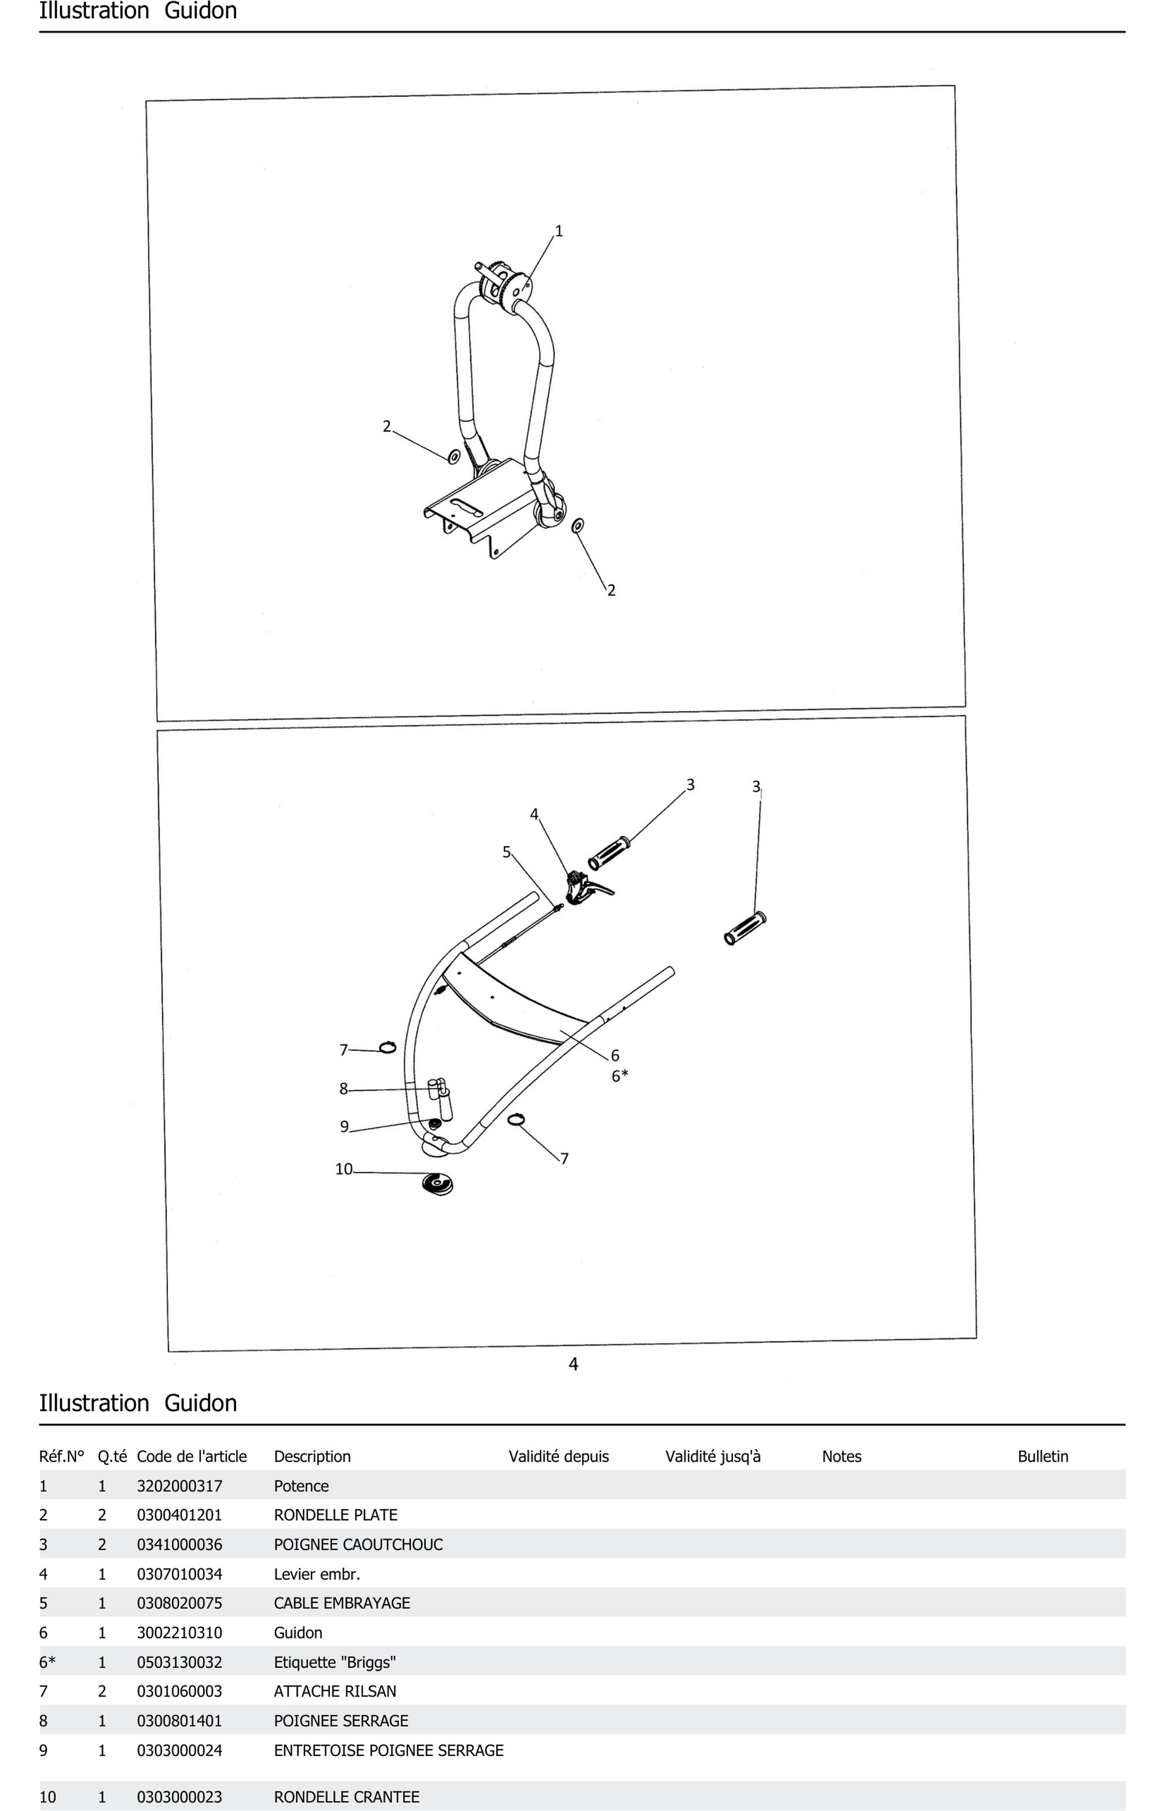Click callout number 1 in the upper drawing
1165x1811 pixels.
coord(559,232)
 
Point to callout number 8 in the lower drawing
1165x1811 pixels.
coord(344,1089)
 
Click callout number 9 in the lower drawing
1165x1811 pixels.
coord(344,1127)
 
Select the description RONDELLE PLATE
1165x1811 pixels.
coord(335,1515)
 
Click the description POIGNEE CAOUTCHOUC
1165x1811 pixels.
coord(358,1545)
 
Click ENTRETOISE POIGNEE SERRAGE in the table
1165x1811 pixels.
coord(388,1750)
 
